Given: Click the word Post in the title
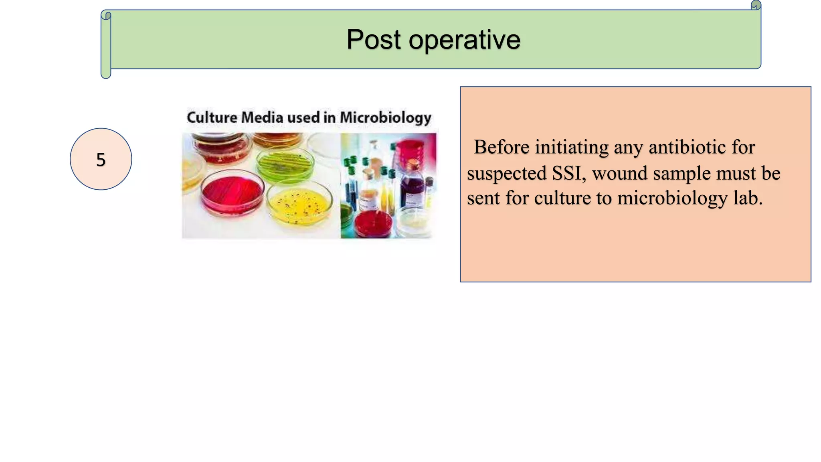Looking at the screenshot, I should (x=373, y=40).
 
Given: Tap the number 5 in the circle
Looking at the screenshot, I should (x=101, y=160).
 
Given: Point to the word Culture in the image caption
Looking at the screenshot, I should (x=212, y=118).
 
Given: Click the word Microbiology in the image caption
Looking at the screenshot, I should (x=386, y=118).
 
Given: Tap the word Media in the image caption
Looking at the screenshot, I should (x=262, y=118).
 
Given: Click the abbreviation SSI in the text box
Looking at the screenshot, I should (x=566, y=173).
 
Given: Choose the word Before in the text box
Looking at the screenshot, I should (x=501, y=147).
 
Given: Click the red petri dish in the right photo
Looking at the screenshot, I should (x=373, y=224).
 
